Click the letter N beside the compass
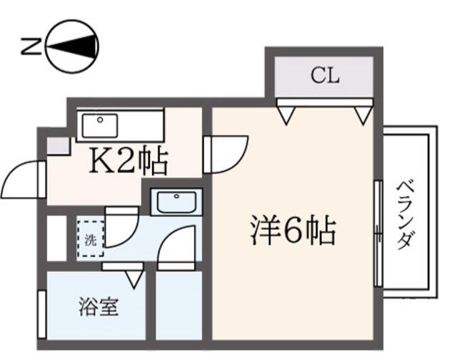click(x=31, y=46)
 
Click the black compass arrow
click(x=71, y=46)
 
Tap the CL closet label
click(x=325, y=76)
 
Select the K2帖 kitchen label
click(x=129, y=161)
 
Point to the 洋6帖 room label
click(x=293, y=230)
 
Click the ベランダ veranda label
click(x=406, y=214)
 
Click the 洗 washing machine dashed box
click(x=91, y=239)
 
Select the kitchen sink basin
click(x=100, y=125)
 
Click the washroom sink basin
click(x=176, y=202)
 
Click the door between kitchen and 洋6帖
click(x=226, y=154)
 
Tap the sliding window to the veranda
click(x=378, y=234)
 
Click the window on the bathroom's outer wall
click(x=42, y=314)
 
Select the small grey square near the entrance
click(x=59, y=146)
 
